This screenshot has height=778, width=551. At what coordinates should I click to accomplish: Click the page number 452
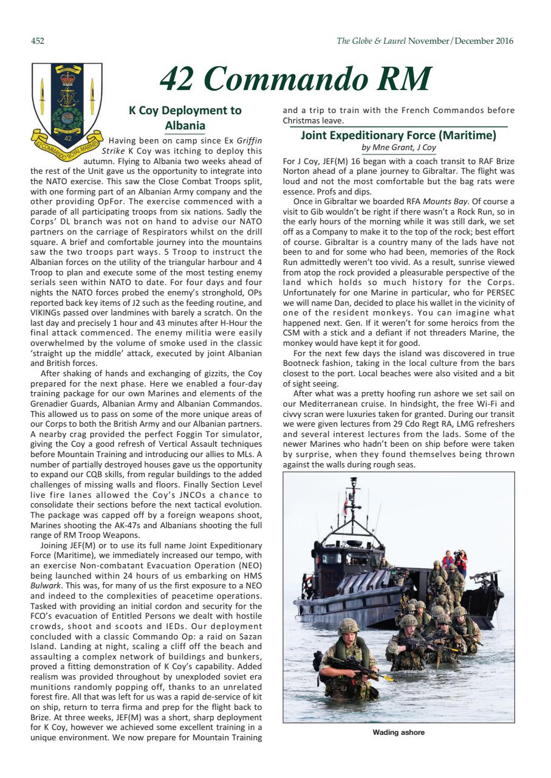tap(37, 41)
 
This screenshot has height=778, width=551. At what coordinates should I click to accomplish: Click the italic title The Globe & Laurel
tap(371, 41)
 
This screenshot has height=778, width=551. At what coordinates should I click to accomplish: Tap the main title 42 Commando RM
tap(295, 78)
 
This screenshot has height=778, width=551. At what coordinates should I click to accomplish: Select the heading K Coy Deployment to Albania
tap(185, 118)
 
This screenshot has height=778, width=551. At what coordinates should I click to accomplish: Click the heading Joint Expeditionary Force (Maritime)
tap(399, 136)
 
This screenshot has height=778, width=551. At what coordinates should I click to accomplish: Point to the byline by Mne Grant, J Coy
tap(399, 148)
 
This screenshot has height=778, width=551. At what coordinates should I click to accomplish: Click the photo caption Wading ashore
tap(399, 732)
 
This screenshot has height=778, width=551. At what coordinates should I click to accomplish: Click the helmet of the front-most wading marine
tap(348, 625)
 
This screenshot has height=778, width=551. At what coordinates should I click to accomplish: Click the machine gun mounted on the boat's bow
tap(485, 575)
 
